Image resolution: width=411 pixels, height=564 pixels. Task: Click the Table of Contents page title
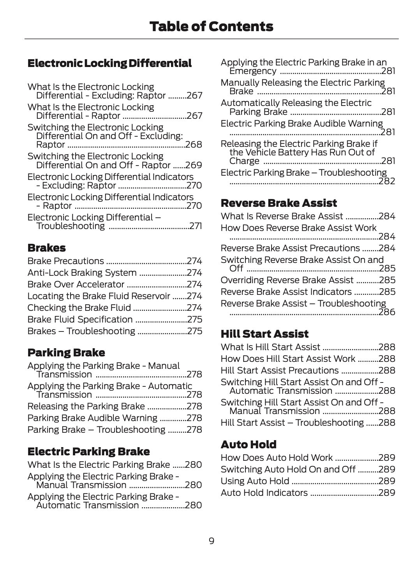click(211, 26)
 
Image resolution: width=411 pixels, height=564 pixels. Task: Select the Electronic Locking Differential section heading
click(109, 63)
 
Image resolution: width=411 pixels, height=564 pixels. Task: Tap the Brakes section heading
click(46, 248)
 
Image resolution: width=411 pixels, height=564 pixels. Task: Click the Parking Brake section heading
click(66, 352)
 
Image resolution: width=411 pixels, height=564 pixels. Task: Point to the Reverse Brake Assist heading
click(279, 203)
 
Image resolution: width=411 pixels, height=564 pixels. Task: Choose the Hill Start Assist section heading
click(265, 334)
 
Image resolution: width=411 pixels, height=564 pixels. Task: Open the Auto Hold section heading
click(249, 444)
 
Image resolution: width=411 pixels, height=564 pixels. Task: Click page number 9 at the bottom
click(211, 541)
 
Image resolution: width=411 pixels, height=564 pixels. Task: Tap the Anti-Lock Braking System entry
click(82, 273)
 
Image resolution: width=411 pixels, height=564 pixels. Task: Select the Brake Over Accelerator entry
click(76, 284)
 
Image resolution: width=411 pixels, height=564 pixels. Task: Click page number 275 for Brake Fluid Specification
click(194, 319)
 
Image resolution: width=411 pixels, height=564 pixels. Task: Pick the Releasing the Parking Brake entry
click(86, 406)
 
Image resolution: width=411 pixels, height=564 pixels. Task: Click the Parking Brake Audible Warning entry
click(92, 418)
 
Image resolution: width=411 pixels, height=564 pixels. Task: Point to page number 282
click(387, 181)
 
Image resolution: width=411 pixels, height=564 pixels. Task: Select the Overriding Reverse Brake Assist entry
click(287, 280)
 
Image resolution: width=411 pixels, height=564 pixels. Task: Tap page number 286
click(387, 312)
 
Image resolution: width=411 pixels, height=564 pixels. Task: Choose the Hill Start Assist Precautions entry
click(280, 370)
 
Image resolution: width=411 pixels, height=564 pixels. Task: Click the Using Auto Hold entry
click(255, 481)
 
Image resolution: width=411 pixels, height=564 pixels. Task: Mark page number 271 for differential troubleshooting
click(196, 226)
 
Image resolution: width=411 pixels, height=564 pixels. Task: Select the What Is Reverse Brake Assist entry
click(282, 216)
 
